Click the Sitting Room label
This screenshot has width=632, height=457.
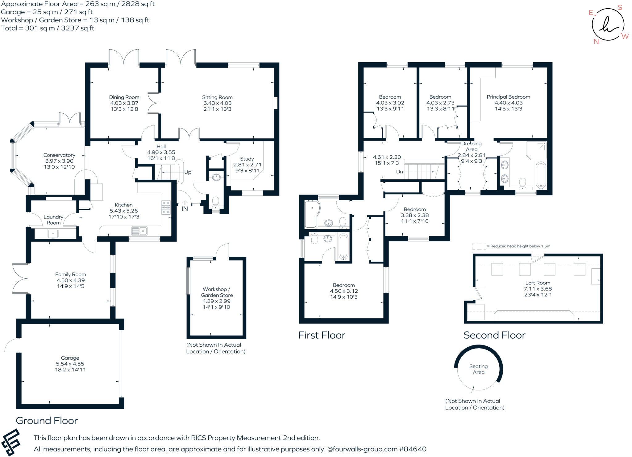(x=217, y=97)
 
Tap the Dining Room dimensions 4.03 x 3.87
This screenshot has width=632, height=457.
(x=124, y=103)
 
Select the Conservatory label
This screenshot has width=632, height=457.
(x=59, y=155)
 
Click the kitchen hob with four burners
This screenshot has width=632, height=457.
(x=166, y=207)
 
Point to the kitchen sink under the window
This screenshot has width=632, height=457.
(x=139, y=231)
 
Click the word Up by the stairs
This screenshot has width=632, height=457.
(x=188, y=172)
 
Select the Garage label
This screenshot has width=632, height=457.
(x=70, y=358)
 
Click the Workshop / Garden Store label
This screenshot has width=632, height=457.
(x=217, y=292)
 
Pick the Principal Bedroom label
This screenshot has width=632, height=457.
(x=508, y=97)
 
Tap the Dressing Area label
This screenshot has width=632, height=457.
(x=471, y=146)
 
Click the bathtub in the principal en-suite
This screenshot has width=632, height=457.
(x=541, y=175)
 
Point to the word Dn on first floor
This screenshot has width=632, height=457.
(x=400, y=172)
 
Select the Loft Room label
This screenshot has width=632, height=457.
(x=538, y=283)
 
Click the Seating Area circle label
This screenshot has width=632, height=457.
(x=478, y=369)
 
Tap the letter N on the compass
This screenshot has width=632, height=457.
(x=596, y=42)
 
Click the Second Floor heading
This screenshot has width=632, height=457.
(x=494, y=335)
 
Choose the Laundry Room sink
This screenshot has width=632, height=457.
(x=53, y=233)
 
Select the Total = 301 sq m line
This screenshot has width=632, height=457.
(x=48, y=28)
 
